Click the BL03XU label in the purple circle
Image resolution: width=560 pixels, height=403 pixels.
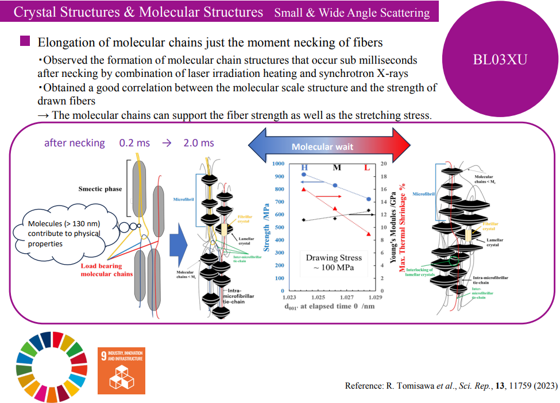(500, 59)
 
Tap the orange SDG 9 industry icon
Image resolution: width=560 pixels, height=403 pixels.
(121, 371)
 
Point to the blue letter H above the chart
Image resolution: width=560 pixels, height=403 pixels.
(304, 167)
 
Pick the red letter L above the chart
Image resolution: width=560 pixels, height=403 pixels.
(368, 167)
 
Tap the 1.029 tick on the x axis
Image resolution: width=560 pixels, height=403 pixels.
(375, 298)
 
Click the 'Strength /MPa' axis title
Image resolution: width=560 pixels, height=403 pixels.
(266, 230)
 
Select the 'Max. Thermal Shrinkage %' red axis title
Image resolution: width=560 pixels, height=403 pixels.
(403, 227)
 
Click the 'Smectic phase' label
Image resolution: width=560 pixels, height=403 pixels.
(100, 189)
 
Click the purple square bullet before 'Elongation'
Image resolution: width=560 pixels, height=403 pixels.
(25, 41)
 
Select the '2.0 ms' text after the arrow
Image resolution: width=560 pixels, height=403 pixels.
(199, 143)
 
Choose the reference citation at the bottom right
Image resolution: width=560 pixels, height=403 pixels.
(451, 386)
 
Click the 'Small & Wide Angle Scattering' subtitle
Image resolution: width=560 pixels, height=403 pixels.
(352, 13)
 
